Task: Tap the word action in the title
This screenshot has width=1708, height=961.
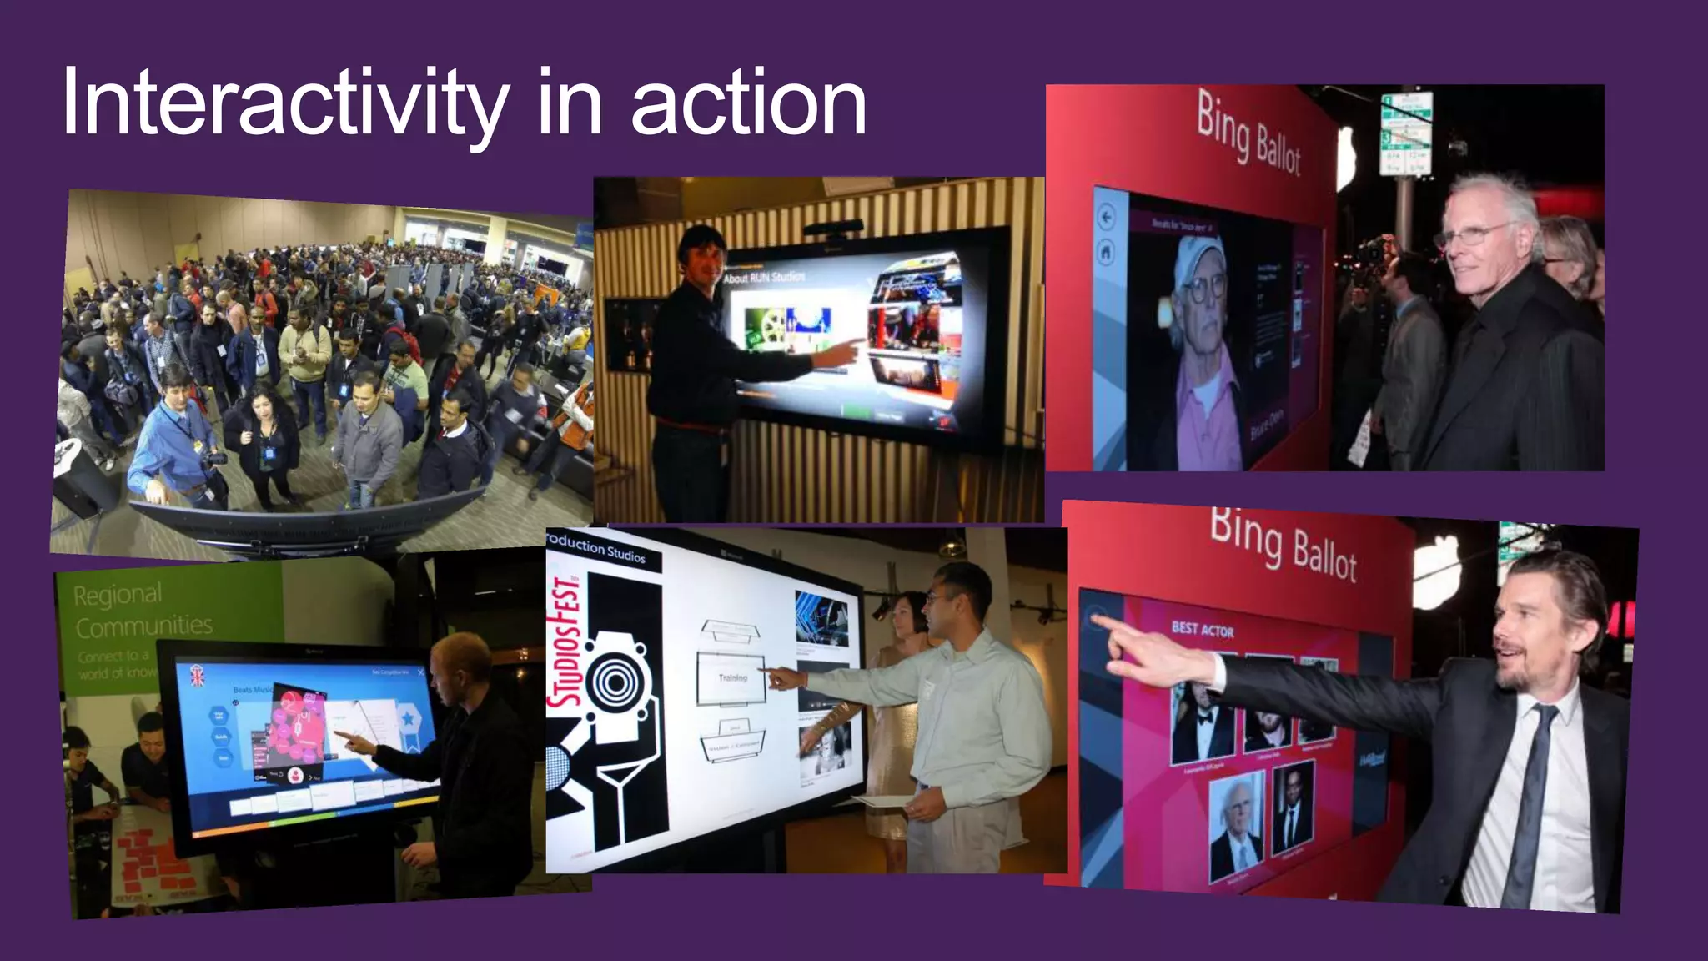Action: (x=748, y=105)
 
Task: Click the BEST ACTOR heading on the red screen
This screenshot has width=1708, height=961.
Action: (x=1202, y=629)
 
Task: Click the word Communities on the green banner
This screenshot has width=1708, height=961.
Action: (x=144, y=626)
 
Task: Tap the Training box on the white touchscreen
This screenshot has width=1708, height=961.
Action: (x=731, y=678)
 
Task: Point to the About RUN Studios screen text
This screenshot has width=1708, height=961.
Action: (x=764, y=277)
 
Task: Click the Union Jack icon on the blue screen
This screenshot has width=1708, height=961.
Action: (x=198, y=675)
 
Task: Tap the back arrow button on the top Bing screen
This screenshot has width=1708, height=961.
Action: (x=1106, y=218)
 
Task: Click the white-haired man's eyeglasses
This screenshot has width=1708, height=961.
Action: (x=1474, y=234)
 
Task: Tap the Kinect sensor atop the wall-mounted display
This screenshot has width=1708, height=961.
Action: (x=833, y=228)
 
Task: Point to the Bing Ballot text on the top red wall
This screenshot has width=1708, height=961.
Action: (x=1248, y=133)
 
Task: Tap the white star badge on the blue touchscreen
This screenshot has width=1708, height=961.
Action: (x=407, y=717)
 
